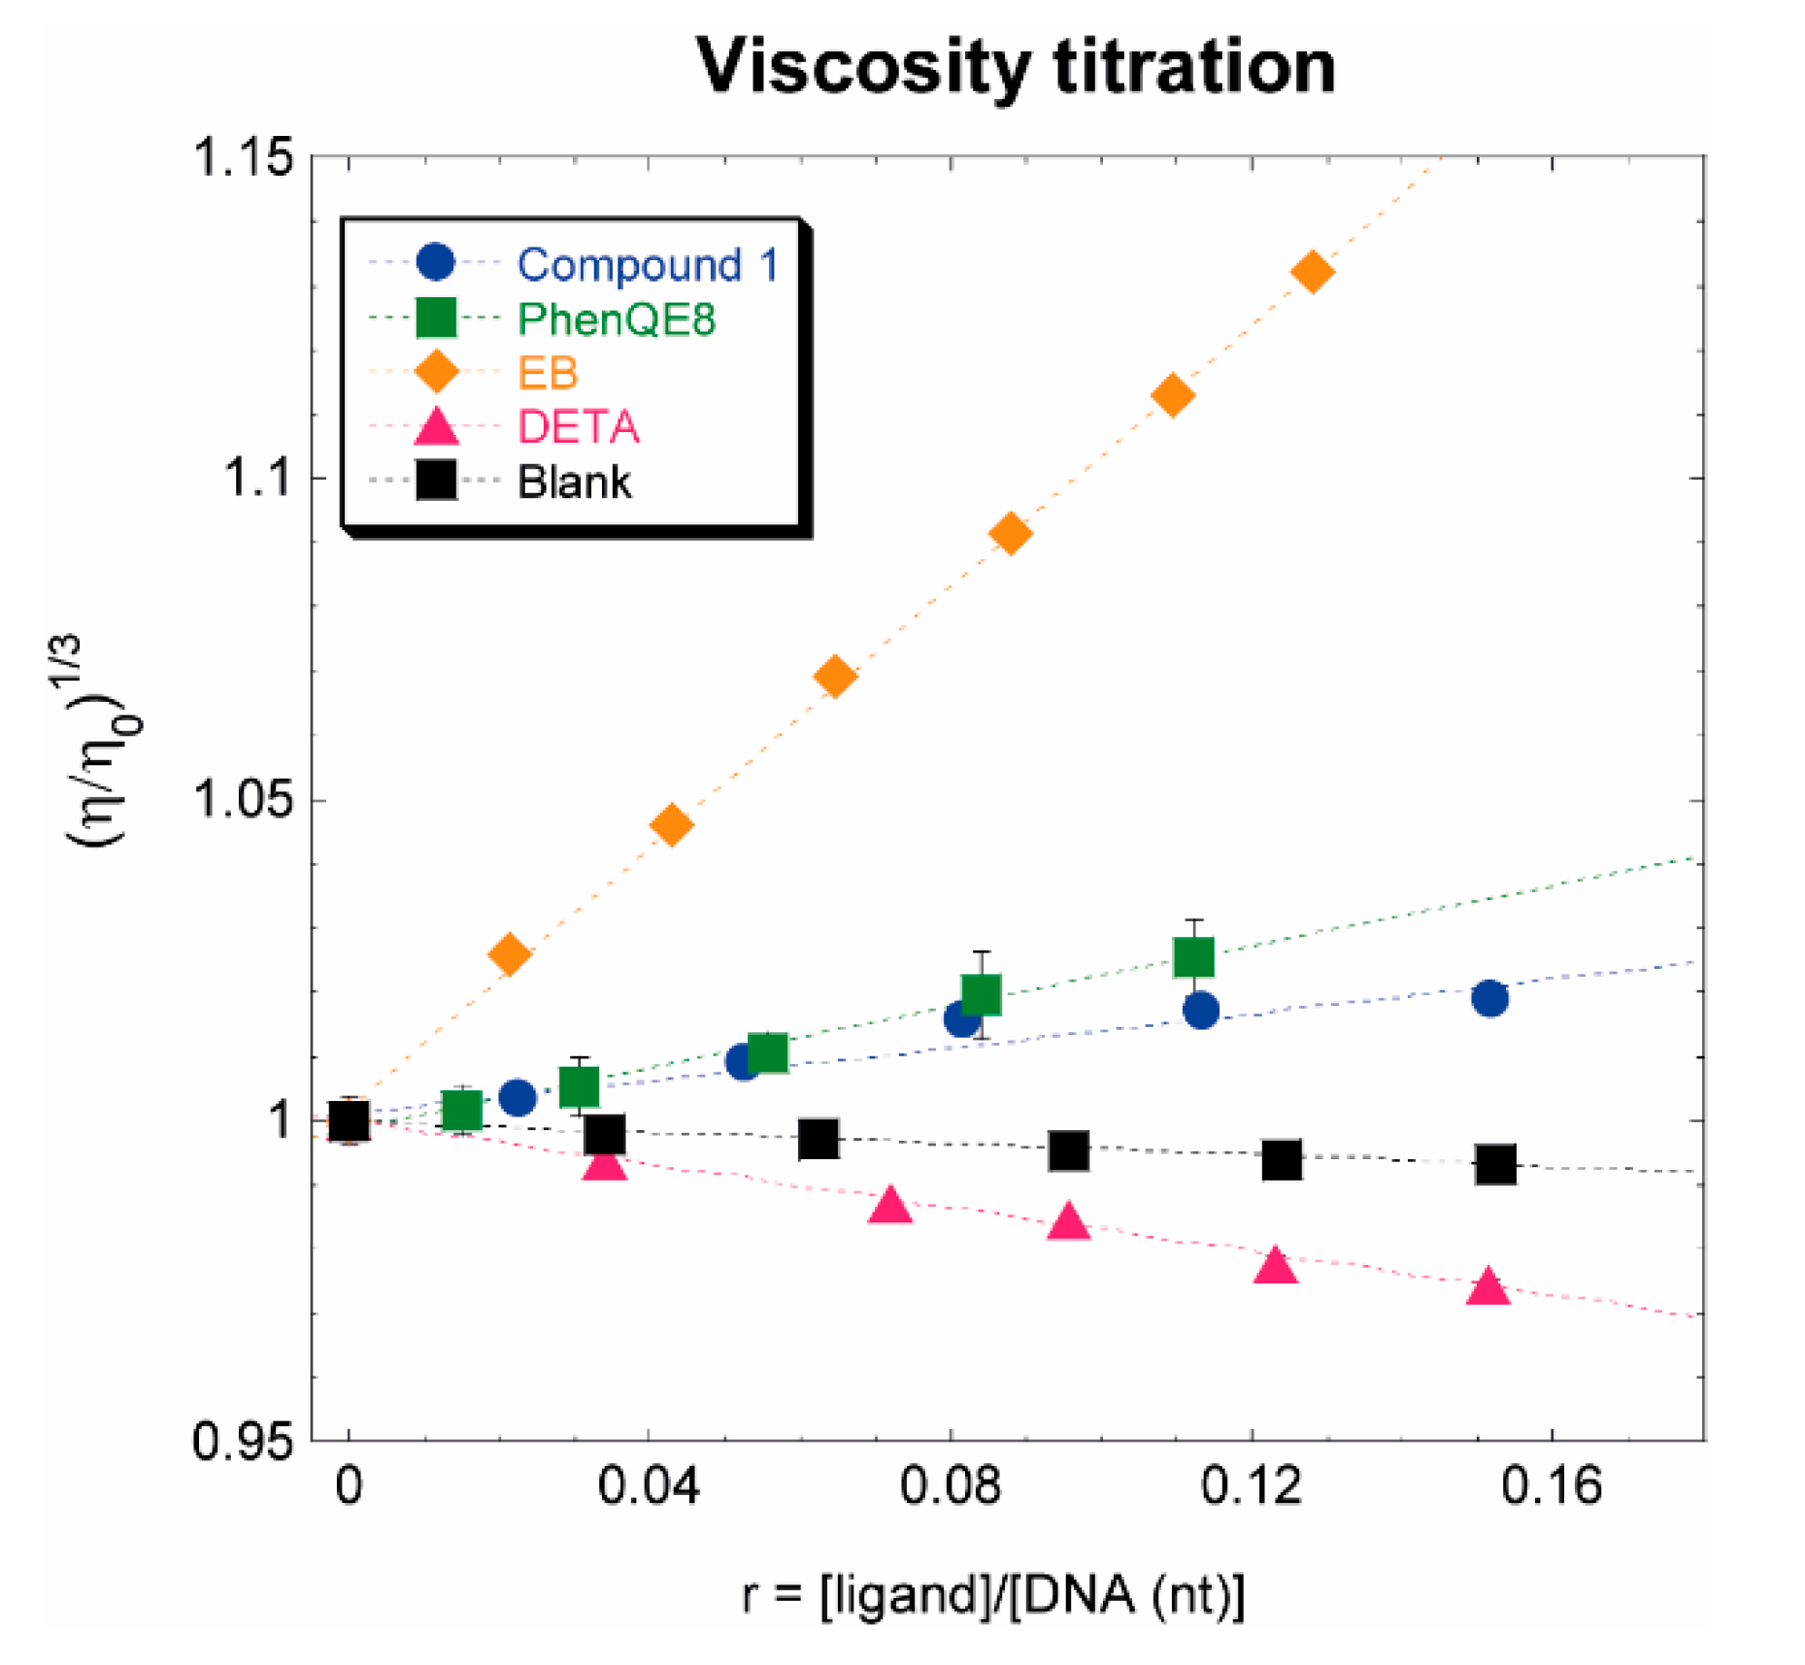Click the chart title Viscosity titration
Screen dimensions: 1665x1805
[1016, 68]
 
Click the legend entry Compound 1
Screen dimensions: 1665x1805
[647, 264]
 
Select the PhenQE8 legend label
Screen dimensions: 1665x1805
[617, 318]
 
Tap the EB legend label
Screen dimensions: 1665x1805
[548, 373]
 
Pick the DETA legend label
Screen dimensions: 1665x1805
[578, 427]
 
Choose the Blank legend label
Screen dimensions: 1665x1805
[574, 482]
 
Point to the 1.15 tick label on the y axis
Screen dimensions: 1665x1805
[244, 157]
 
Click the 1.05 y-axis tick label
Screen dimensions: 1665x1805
[244, 800]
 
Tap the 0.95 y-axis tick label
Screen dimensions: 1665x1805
[244, 1441]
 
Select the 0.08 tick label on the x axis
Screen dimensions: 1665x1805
[950, 1486]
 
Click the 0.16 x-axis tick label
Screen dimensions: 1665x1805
[1551, 1486]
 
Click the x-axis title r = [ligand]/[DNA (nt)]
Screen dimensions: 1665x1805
[992, 1594]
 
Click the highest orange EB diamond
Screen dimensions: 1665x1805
[1313, 272]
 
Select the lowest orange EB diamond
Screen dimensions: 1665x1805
[509, 954]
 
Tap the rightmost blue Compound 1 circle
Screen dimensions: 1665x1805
[1489, 998]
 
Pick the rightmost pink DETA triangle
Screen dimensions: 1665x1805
[1487, 1287]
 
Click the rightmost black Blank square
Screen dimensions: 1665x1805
[1495, 1163]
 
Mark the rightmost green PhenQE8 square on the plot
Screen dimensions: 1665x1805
[1193, 957]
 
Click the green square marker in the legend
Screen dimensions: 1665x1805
[436, 318]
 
